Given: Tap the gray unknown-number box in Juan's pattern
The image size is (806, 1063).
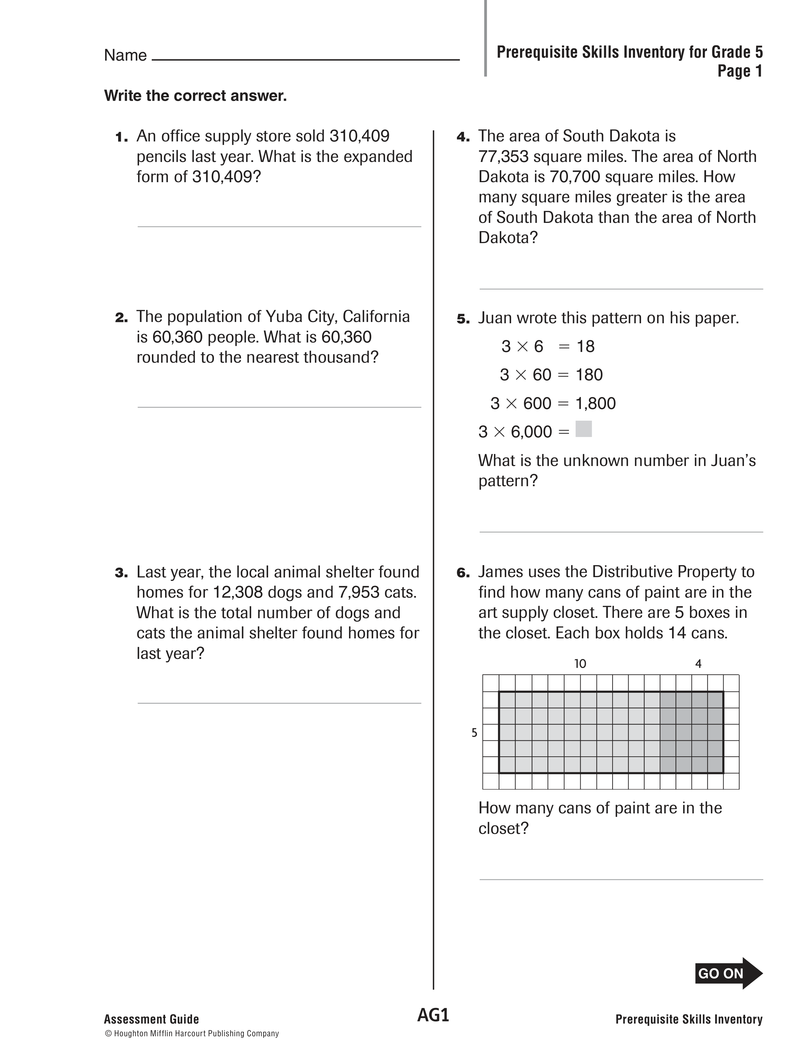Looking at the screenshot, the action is click(583, 429).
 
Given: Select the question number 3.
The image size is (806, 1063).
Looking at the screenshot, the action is click(121, 573).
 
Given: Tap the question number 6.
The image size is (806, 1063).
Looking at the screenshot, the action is click(462, 573).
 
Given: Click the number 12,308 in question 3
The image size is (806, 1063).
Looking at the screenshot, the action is click(237, 592).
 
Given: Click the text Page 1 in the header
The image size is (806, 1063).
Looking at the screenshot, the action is click(739, 71).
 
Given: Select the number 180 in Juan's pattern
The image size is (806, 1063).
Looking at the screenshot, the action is click(588, 375).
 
